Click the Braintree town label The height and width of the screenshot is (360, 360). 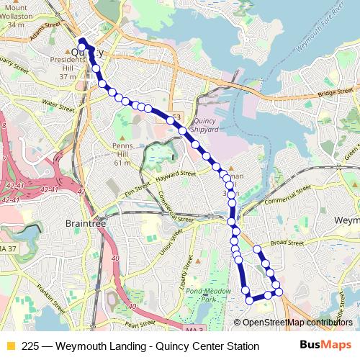tap(86, 224)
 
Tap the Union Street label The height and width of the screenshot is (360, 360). tap(167, 246)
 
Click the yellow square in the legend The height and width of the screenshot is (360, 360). tap(10, 346)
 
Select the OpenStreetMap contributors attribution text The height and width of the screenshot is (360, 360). tap(298, 323)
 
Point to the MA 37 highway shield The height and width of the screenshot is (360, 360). tap(8, 249)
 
